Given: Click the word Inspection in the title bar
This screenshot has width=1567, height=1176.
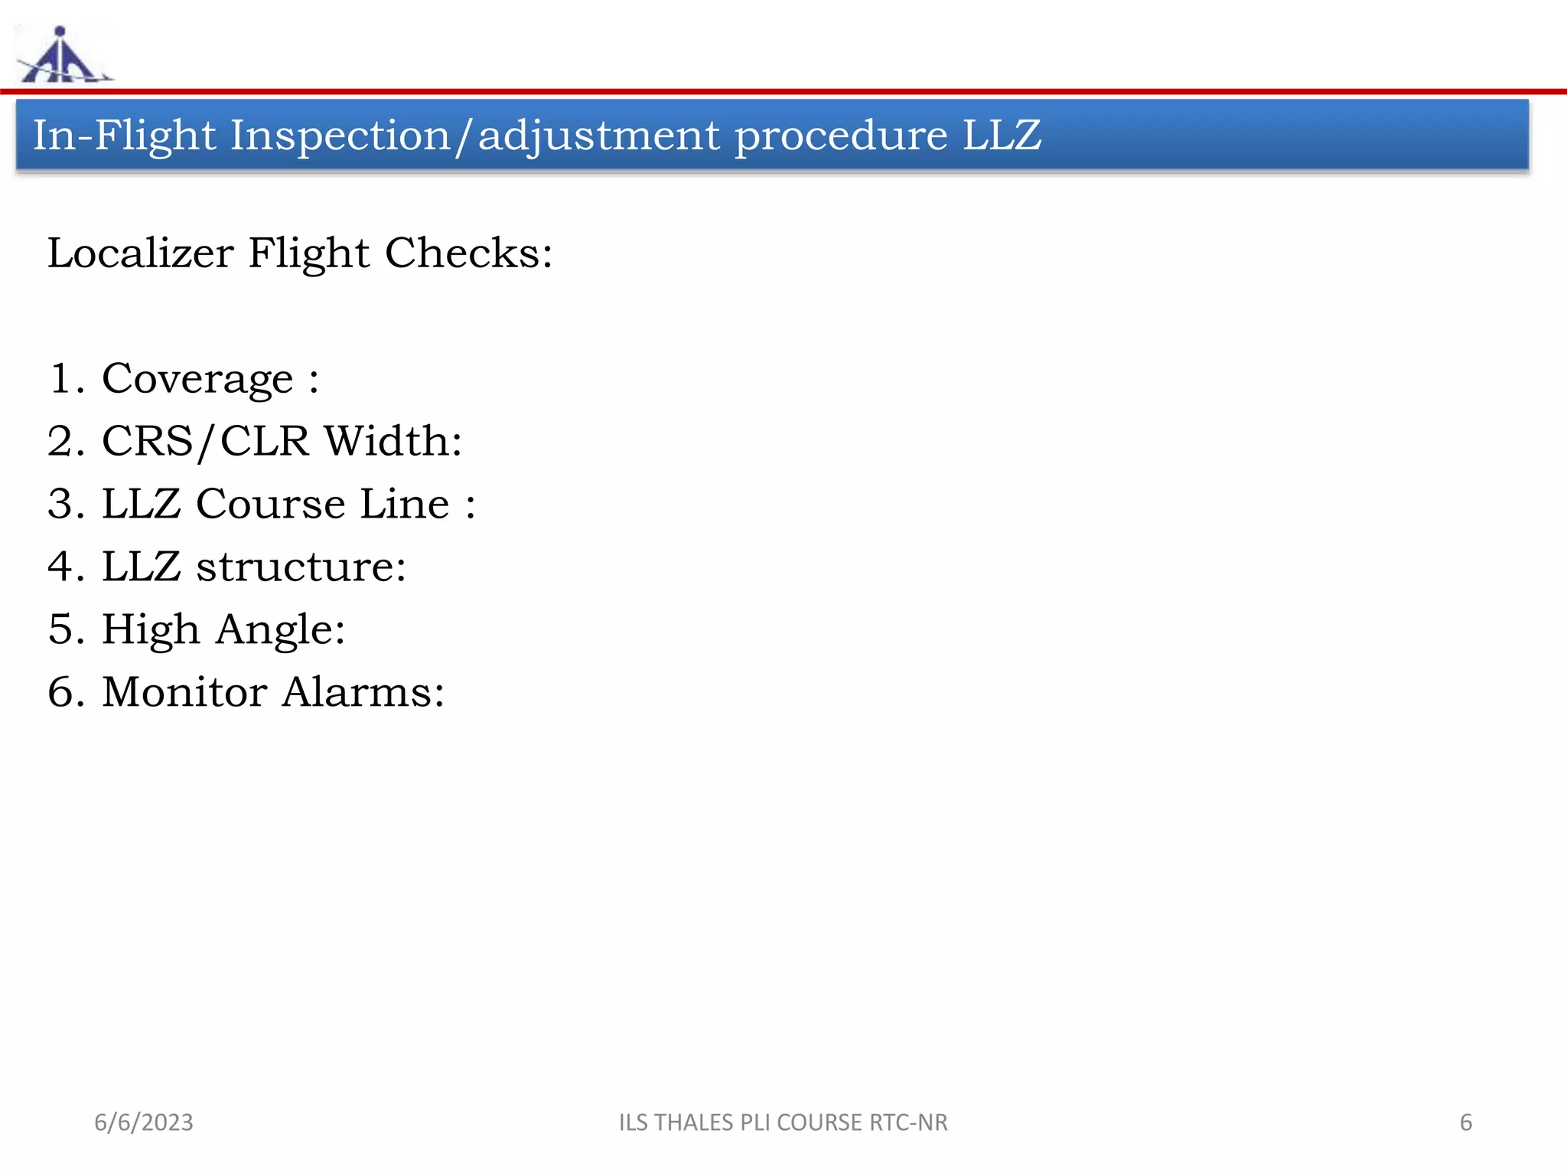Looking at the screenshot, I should tap(340, 136).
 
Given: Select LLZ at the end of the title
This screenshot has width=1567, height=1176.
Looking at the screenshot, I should tap(1002, 136).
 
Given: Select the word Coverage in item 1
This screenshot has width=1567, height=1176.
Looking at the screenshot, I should tap(197, 379).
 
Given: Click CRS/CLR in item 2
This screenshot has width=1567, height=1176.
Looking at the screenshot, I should tap(205, 442).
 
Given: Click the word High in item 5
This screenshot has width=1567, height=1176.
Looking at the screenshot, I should tap(150, 630).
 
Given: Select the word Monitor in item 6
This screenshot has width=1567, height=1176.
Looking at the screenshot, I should tap(184, 693).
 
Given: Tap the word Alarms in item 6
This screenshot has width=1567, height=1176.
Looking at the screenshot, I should tap(363, 693).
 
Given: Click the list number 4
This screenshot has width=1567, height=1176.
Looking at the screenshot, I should tap(61, 567).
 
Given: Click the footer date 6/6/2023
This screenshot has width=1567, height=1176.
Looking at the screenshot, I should tap(144, 1122).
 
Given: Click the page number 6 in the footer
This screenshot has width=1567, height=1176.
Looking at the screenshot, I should tap(1466, 1122).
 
